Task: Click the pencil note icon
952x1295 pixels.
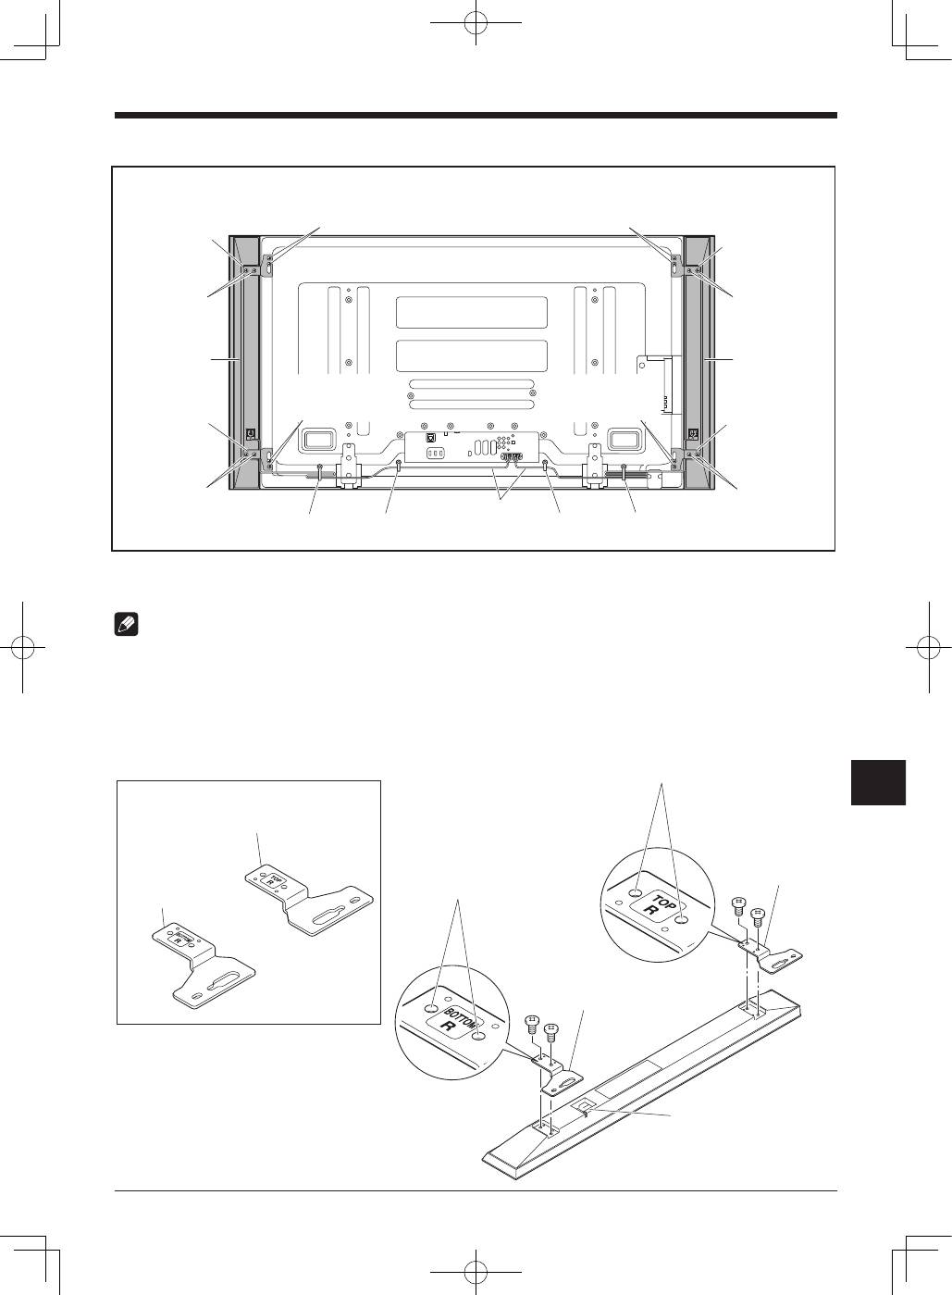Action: (126, 626)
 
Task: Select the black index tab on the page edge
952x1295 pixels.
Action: (878, 782)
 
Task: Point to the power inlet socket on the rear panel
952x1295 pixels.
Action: (435, 454)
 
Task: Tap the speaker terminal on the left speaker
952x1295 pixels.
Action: (251, 433)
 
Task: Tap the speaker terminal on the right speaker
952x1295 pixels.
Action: (693, 433)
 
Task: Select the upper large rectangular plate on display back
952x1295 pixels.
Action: (472, 312)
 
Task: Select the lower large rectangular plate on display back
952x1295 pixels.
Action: (472, 356)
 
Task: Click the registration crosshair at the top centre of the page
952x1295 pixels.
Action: (476, 23)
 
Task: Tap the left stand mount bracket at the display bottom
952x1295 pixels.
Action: (349, 466)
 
